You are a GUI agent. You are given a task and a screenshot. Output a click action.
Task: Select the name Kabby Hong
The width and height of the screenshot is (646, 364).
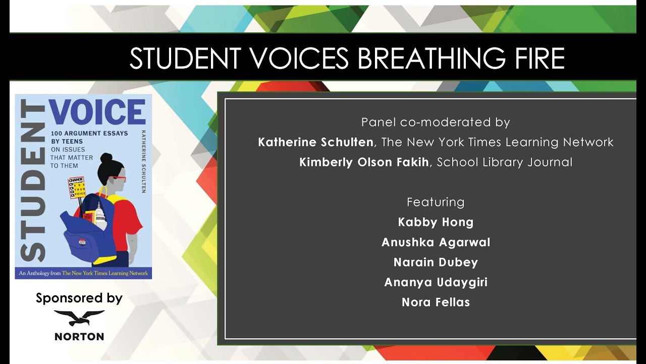click(436, 222)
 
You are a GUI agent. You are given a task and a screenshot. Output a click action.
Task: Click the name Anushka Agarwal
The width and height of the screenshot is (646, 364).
click(436, 242)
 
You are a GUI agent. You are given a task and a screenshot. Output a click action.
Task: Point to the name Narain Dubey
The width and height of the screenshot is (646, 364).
click(436, 262)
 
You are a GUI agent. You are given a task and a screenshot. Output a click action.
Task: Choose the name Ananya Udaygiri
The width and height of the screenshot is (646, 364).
click(436, 282)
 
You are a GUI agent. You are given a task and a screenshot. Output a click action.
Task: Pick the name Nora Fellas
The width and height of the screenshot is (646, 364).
click(436, 302)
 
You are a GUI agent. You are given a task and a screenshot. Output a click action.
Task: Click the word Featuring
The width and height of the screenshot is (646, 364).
click(436, 202)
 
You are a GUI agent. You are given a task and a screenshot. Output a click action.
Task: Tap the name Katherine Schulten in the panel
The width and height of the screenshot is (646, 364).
click(315, 143)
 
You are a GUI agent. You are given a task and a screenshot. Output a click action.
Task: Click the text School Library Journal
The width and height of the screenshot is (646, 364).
click(505, 163)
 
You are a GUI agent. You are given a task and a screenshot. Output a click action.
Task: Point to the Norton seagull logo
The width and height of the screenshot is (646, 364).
click(79, 317)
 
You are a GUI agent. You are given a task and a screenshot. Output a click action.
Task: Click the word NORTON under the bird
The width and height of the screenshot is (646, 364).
click(79, 337)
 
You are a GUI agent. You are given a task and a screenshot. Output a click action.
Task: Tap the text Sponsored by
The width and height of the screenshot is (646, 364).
click(79, 298)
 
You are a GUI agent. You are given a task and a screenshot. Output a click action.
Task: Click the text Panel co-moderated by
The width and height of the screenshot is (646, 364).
click(436, 122)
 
